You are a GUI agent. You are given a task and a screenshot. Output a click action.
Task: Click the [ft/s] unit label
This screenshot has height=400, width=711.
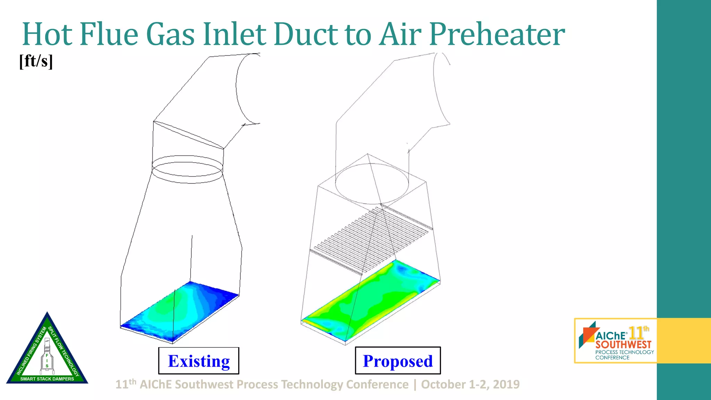[x=36, y=61]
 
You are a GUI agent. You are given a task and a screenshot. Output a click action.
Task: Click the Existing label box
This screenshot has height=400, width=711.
[x=199, y=361]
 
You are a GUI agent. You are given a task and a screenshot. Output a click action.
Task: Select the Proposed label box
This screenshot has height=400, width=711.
[x=398, y=361]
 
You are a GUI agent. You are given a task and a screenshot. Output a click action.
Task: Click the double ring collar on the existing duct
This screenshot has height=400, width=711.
[x=187, y=169]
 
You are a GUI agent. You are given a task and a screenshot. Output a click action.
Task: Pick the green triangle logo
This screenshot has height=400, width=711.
[x=47, y=351]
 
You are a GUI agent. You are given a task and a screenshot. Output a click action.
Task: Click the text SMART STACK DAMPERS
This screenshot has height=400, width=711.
[x=47, y=379]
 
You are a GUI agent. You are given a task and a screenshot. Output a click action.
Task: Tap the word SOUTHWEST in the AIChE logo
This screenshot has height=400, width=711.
[x=624, y=344]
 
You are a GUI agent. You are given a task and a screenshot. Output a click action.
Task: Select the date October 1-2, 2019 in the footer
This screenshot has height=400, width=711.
[x=470, y=384]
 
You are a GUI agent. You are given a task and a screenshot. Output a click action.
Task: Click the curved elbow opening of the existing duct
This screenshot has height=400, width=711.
[x=247, y=89]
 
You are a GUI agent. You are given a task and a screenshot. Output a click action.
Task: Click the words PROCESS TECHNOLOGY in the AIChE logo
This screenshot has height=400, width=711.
[x=625, y=352]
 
